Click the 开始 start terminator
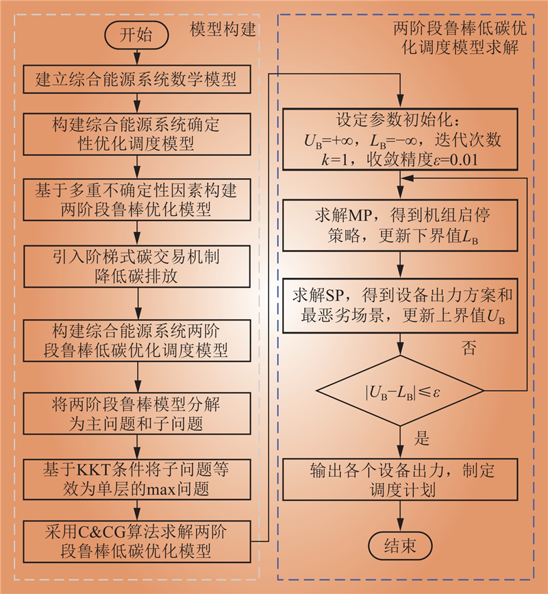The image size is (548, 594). click(136, 36)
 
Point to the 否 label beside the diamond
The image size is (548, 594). click(469, 348)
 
